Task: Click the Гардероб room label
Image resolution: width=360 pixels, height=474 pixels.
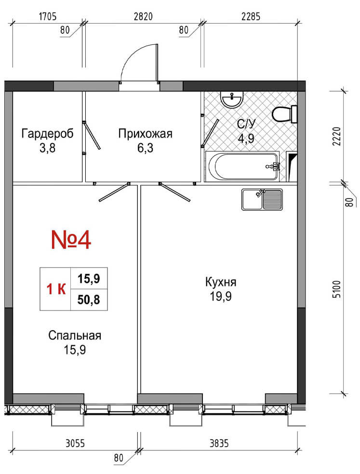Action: tap(47, 133)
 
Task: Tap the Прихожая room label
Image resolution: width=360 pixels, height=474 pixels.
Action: tap(145, 133)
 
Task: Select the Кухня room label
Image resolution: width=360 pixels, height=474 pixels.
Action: tap(221, 282)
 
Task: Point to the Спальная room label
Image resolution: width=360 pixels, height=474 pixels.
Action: tap(75, 336)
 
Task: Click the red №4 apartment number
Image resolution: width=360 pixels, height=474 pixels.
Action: tap(71, 240)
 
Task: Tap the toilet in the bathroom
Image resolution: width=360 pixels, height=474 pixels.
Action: tap(285, 114)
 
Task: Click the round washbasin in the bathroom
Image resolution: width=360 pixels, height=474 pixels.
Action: tap(232, 99)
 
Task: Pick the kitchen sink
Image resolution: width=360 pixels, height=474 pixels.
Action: tap(262, 200)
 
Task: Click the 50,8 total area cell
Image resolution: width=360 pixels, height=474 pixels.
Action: tap(89, 300)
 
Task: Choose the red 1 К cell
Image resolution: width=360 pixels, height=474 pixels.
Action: tap(56, 289)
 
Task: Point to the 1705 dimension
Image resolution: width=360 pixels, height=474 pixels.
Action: tap(48, 16)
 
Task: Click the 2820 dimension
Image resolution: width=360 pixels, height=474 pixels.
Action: tap(143, 16)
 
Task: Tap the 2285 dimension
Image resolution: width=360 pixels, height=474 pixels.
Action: tap(251, 16)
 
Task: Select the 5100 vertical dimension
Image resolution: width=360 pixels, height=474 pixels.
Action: tap(337, 289)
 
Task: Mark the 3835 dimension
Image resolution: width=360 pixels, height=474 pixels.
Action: tap(219, 444)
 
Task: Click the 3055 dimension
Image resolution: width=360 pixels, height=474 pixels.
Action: tap(75, 444)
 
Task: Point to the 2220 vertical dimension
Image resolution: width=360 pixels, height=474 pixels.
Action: tap(337, 136)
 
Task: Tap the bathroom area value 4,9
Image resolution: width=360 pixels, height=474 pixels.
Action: tap(246, 138)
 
